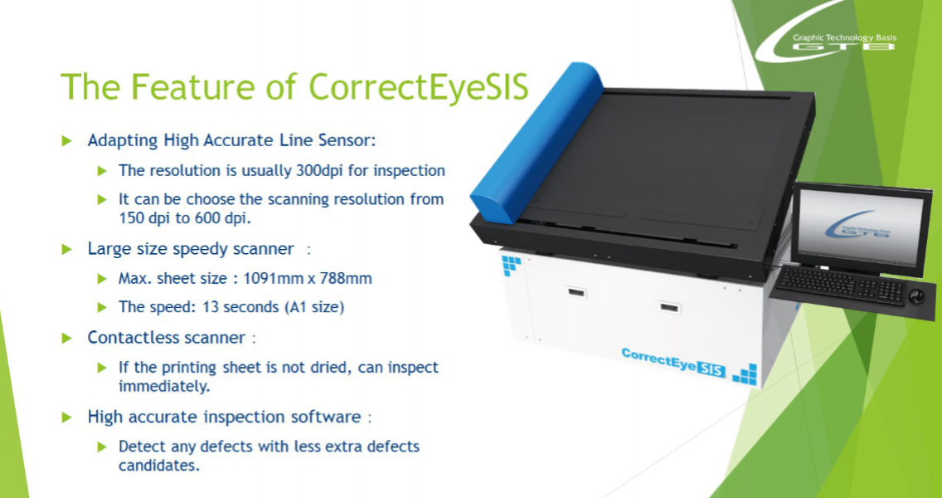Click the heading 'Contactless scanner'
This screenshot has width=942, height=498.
click(167, 338)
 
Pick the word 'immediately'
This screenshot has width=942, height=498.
click(164, 386)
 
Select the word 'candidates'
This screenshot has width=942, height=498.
click(158, 466)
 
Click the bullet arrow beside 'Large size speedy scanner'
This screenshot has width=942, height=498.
click(66, 249)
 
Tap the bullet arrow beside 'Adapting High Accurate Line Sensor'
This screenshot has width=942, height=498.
click(66, 141)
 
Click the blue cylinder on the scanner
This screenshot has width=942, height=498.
click(536, 143)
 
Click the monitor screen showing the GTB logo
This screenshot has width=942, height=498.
click(861, 229)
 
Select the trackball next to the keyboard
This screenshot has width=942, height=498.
click(916, 296)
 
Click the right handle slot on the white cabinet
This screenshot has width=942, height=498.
click(669, 307)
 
